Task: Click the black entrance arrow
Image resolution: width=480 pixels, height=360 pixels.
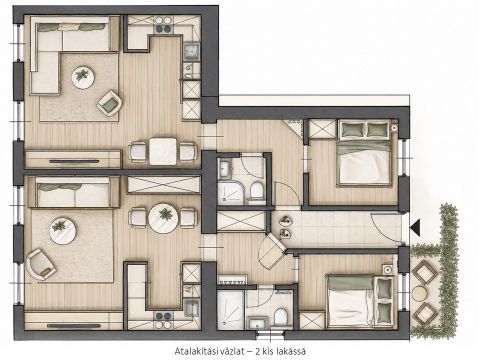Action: [x=416, y=228]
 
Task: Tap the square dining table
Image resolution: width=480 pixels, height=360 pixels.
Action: [x=163, y=151]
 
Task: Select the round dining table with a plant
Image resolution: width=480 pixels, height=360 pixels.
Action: [x=163, y=219]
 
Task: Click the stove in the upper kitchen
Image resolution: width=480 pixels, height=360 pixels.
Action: [x=163, y=25]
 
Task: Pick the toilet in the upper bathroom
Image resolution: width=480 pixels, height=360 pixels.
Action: [x=257, y=190]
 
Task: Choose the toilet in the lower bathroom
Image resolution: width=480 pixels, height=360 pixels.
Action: [x=280, y=317]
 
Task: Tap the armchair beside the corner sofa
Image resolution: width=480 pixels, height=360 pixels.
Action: [x=109, y=103]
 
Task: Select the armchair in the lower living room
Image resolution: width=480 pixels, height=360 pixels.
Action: [x=41, y=264]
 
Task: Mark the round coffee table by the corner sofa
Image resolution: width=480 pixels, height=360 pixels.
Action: [x=83, y=78]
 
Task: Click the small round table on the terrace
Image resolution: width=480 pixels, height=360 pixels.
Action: [x=420, y=293]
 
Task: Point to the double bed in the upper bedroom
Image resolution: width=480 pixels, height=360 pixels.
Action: [x=364, y=153]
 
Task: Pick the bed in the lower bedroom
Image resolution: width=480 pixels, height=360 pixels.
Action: [x=360, y=301]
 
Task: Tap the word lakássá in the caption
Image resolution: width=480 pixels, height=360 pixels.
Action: [x=291, y=351]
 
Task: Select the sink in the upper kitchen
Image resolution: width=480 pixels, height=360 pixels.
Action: [x=191, y=51]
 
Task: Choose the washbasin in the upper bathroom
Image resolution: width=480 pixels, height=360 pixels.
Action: [x=225, y=168]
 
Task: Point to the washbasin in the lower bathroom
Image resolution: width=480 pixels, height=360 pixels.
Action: [x=257, y=322]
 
